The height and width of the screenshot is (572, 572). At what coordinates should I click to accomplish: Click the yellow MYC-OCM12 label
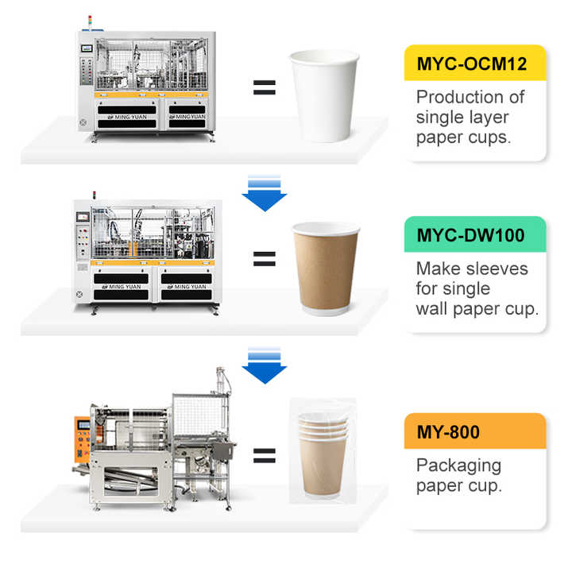click(475, 64)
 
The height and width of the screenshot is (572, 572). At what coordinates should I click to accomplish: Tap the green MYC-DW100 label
click(475, 235)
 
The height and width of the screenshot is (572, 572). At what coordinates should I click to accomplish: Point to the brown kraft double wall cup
click(325, 270)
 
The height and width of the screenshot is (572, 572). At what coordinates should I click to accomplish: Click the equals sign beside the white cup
click(264, 87)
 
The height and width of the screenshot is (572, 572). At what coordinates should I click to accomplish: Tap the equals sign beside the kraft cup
click(264, 258)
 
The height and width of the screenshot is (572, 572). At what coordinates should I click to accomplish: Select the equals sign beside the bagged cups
click(264, 455)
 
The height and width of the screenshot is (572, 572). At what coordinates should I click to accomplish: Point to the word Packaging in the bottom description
click(458, 466)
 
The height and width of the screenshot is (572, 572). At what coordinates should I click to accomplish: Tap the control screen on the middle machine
click(82, 214)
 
